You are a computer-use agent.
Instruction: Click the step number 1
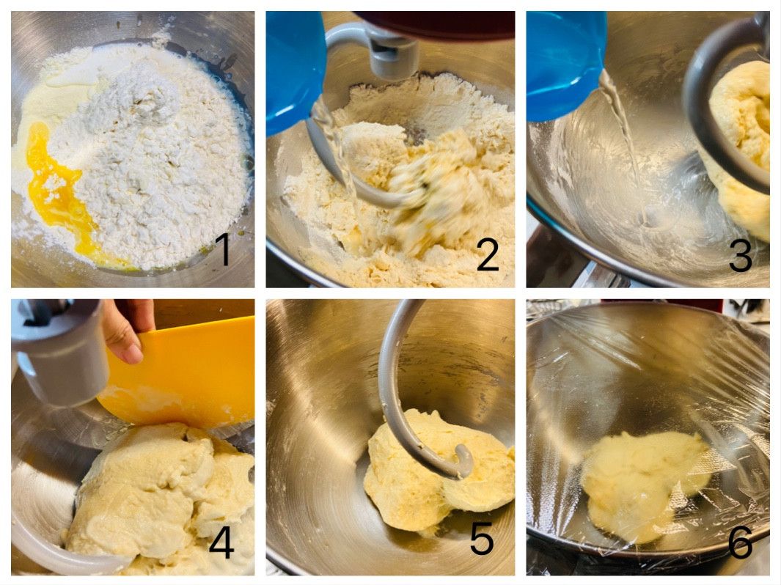click(x=224, y=249)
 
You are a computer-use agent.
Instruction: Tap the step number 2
click(x=488, y=254)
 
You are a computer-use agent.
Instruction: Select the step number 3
click(x=741, y=254)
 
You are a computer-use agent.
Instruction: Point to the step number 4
click(x=221, y=541)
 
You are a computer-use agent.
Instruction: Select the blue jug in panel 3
click(x=563, y=65)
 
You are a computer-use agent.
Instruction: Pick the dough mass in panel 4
click(x=159, y=498)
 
